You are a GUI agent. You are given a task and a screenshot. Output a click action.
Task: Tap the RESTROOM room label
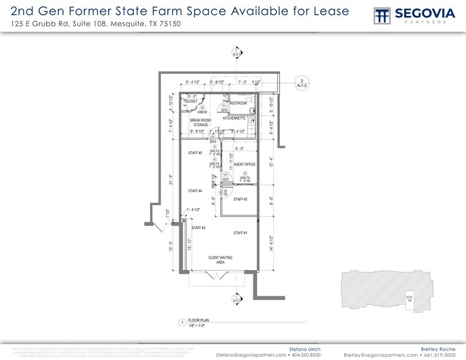coord(238,103)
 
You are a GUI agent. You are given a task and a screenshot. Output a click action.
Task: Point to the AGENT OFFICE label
coord(245,165)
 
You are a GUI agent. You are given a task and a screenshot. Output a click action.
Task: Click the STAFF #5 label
coord(195,153)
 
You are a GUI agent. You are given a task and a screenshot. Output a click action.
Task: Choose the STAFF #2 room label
coord(241,200)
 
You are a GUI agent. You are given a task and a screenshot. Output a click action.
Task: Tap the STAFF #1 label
coord(241,233)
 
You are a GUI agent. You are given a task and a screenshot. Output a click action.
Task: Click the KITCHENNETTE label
coord(234,118)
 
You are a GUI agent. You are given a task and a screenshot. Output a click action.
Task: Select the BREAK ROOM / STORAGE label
coord(200,122)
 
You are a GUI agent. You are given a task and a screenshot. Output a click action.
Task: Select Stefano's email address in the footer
coord(251,354)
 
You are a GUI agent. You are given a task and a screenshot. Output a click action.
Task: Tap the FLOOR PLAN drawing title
coord(199,320)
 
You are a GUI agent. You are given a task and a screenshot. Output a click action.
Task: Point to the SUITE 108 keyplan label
coord(410,298)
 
